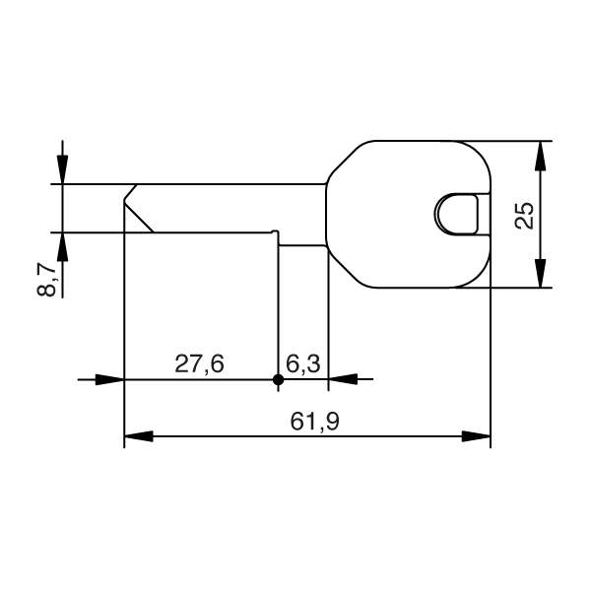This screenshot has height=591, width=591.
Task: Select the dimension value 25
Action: [x=525, y=215]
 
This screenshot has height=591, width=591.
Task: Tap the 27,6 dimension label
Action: [x=200, y=363]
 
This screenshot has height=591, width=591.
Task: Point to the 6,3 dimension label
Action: [x=303, y=363]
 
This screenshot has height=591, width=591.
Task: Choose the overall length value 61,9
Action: [x=315, y=422]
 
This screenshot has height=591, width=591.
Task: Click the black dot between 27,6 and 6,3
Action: [x=278, y=378]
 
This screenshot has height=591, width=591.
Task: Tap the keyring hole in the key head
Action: [x=458, y=213]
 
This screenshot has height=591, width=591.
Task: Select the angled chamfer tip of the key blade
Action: [x=137, y=208]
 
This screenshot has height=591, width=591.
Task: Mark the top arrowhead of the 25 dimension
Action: [x=540, y=153]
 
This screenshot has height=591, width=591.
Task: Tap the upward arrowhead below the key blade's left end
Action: [x=62, y=245]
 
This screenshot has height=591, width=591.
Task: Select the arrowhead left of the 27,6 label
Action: [x=111, y=378]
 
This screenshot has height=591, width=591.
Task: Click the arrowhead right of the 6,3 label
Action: [x=340, y=378]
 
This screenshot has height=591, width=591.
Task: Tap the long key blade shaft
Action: [x=227, y=208]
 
